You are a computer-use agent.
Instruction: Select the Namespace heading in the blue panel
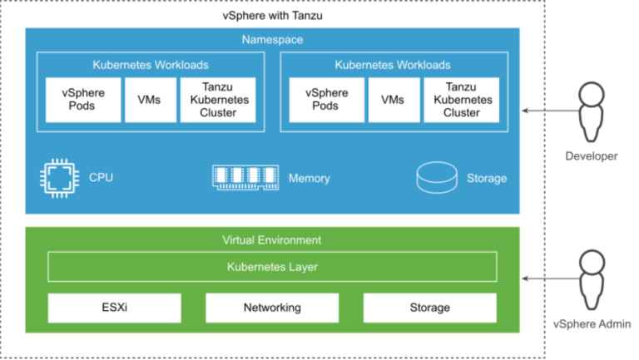point(272,40)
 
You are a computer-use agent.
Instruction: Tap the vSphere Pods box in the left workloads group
point(83,101)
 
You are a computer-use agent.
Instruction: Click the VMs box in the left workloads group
point(150,101)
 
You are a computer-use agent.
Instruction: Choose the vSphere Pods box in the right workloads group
point(326,101)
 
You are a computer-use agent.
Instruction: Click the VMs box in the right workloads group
point(393,101)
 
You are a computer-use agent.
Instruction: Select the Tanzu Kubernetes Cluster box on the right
point(462,101)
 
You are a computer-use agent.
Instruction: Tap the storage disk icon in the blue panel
point(436,176)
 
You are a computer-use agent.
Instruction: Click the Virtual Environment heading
point(272,239)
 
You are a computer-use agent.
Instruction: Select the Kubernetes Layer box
point(272,267)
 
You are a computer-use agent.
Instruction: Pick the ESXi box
point(114,308)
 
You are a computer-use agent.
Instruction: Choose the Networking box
point(272,308)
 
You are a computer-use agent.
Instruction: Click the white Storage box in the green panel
point(429,308)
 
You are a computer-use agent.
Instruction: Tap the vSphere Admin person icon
point(592,279)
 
